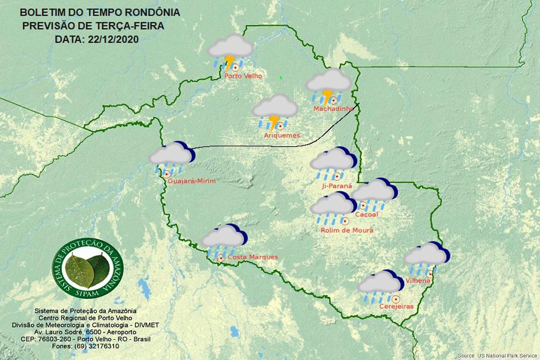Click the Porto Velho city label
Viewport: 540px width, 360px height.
(x=243, y=76)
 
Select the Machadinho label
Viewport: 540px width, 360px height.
(x=333, y=109)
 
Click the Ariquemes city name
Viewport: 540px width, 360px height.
(x=282, y=136)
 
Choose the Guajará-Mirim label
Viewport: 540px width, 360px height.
(x=191, y=181)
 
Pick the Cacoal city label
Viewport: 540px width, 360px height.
(x=367, y=215)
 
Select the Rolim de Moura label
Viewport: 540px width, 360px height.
(x=346, y=230)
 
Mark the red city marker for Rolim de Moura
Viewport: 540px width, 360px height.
(x=337, y=220)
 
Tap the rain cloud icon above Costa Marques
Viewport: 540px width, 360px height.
(x=223, y=240)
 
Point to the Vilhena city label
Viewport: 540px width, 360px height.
(x=418, y=280)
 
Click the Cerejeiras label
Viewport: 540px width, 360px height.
(x=397, y=307)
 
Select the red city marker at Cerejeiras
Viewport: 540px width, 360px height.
(x=397, y=298)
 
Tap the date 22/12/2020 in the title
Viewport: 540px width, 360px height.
(x=113, y=39)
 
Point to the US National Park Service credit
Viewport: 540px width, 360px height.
(x=497, y=355)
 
